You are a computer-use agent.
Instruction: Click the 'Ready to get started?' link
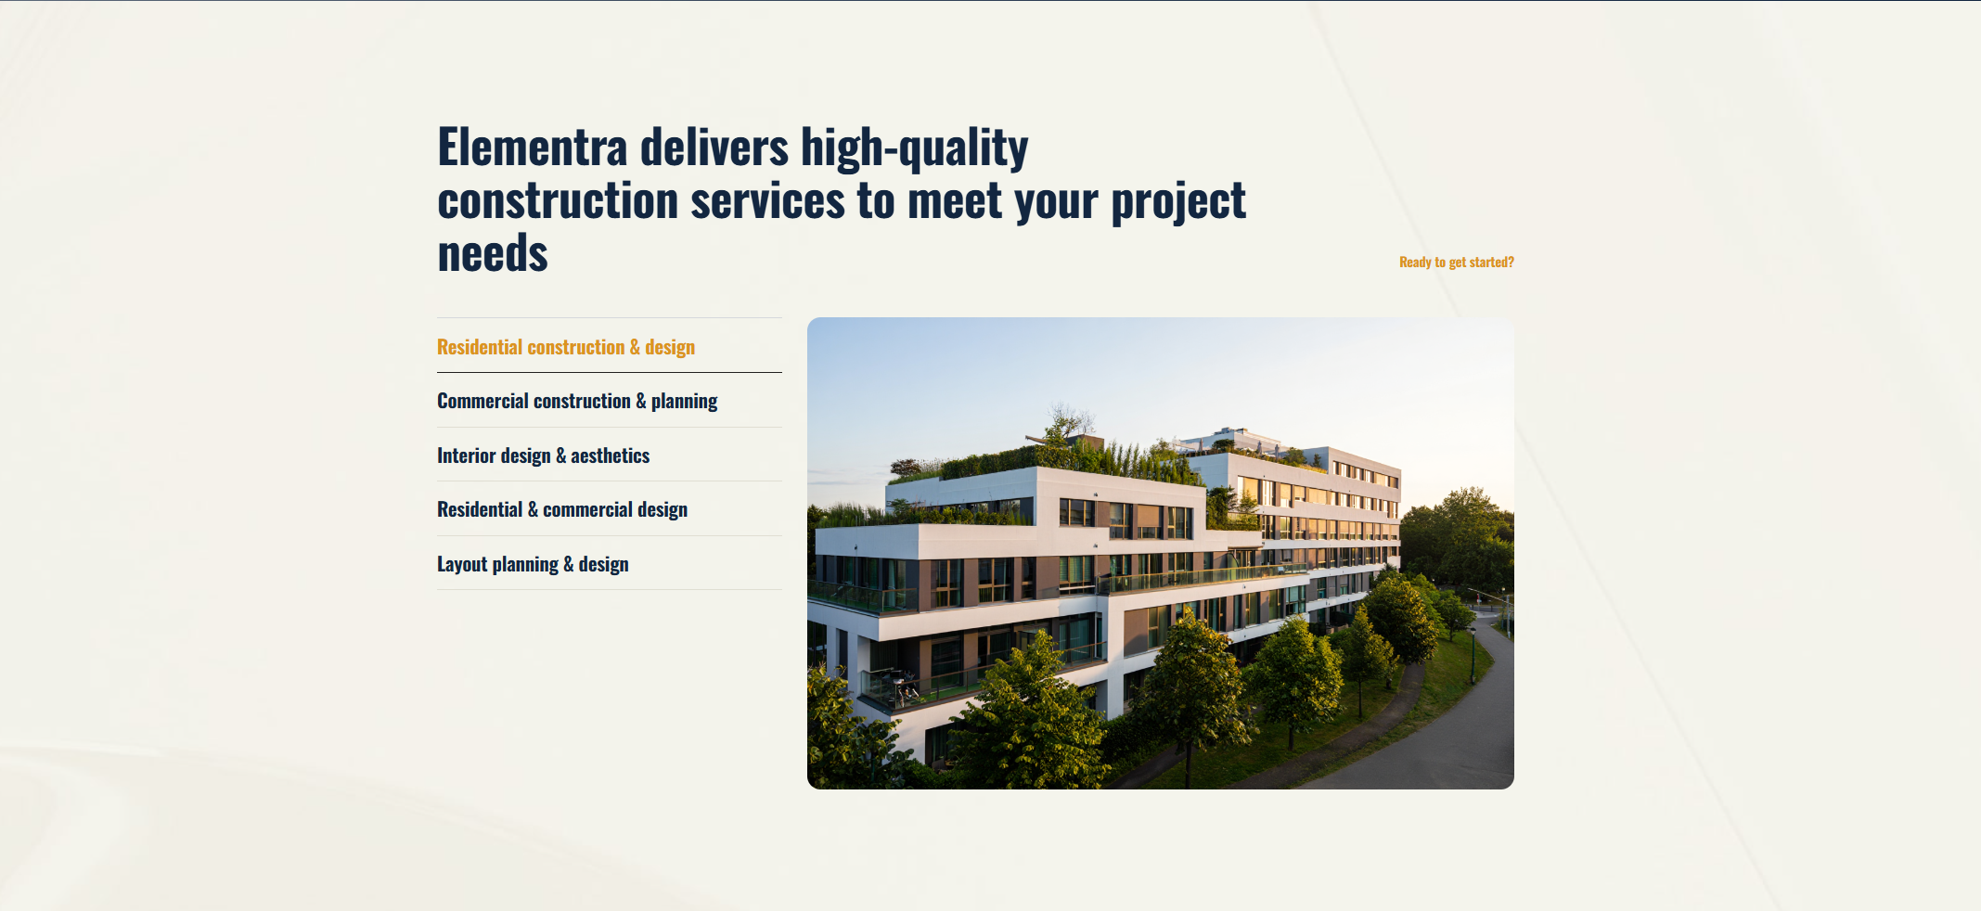1456,263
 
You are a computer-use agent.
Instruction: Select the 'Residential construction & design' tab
566,347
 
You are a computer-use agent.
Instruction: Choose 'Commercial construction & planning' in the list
577,401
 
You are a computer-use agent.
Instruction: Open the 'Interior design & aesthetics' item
543,455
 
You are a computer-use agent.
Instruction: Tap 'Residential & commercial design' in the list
562,509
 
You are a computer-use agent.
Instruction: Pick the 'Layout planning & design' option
533,564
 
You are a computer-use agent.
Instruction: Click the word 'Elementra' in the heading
533,148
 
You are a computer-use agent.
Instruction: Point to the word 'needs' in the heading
493,253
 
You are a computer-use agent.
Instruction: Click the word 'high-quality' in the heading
915,149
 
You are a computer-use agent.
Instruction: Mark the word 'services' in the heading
767,200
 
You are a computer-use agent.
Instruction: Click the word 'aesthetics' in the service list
611,455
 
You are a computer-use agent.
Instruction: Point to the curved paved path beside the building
1447,724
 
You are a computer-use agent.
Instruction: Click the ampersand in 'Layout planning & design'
569,564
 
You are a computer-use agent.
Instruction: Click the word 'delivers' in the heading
714,148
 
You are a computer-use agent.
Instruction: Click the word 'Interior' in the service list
466,455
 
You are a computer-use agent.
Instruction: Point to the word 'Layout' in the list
462,564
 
